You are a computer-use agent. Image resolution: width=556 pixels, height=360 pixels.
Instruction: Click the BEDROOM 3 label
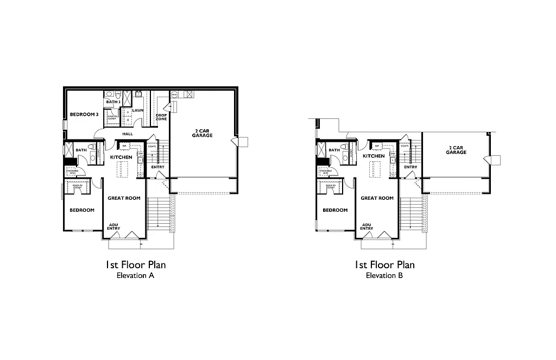[84, 115]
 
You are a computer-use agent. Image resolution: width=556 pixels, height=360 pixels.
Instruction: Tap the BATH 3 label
[113, 102]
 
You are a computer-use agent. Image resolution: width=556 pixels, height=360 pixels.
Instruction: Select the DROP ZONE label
[161, 116]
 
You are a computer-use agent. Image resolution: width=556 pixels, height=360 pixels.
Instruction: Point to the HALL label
[128, 134]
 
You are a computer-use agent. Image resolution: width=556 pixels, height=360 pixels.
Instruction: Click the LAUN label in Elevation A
[137, 110]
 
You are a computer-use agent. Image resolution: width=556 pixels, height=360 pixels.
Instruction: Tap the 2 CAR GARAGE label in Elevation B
[456, 150]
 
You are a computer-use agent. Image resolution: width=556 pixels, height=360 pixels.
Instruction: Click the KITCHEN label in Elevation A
[121, 157]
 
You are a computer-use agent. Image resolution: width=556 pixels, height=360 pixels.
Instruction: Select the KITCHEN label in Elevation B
[374, 156]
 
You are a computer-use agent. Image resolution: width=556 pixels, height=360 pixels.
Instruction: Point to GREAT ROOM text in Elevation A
[124, 198]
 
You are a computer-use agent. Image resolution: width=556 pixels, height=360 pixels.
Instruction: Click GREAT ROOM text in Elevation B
[377, 198]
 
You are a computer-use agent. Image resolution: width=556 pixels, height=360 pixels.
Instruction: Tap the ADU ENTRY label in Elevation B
[367, 226]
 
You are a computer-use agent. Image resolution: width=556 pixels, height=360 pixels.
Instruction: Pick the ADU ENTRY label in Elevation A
[113, 226]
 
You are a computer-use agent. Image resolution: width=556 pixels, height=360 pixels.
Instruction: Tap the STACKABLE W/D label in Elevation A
[72, 172]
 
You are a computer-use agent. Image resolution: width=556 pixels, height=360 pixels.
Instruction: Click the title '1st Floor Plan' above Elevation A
[135, 265]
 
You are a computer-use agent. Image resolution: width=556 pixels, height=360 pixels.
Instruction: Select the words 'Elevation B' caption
[384, 275]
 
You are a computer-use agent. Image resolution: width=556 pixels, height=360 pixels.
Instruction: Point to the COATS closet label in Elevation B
[405, 146]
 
